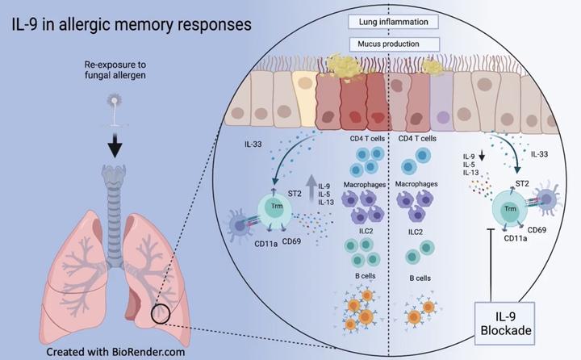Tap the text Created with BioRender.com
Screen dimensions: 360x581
point(108,352)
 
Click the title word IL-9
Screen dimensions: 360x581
point(27,25)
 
